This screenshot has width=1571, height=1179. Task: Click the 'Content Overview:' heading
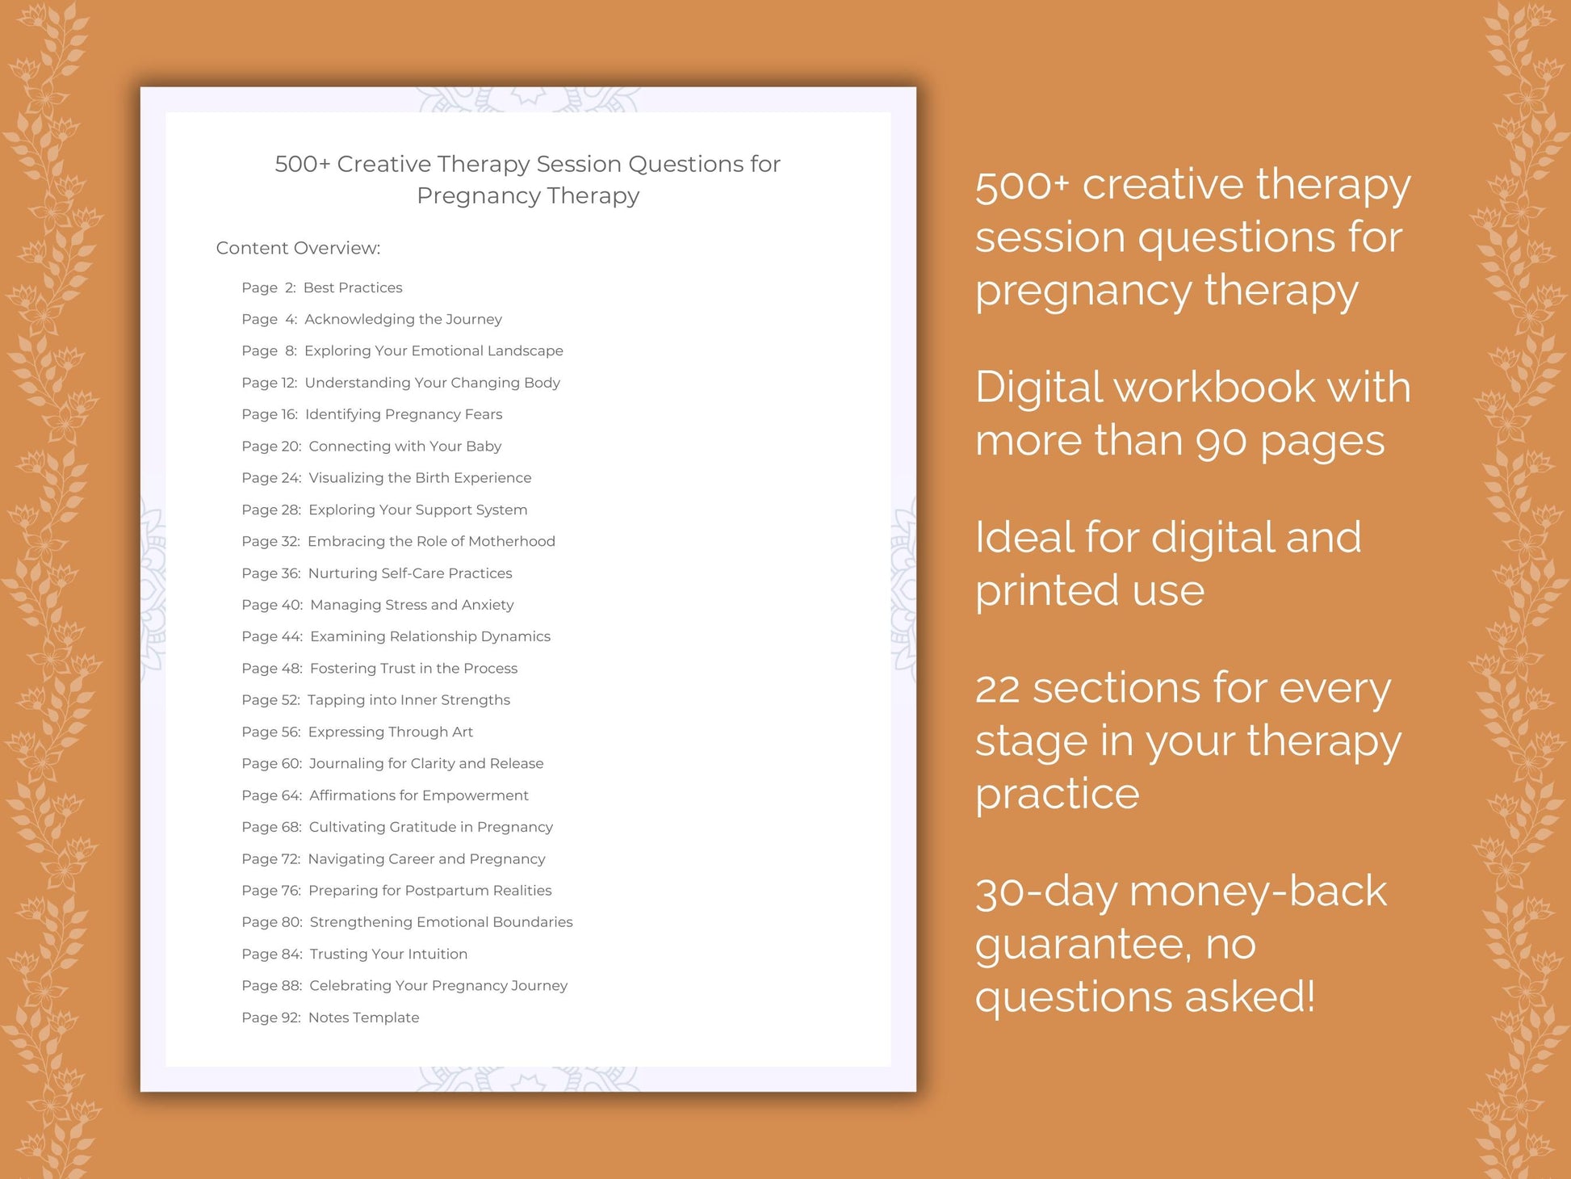tap(298, 248)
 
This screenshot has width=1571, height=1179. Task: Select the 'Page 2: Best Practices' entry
tap(321, 287)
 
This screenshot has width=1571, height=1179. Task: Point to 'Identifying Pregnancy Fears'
tap(403, 414)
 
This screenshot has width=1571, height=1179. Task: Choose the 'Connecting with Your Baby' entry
tap(404, 446)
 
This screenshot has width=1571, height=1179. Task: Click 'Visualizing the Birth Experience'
tap(420, 477)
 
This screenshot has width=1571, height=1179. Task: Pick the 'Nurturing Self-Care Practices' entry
tap(410, 573)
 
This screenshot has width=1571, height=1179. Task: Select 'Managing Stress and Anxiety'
tap(412, 604)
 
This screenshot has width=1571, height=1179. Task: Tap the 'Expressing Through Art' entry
tap(390, 732)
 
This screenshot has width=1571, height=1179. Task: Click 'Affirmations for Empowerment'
tap(418, 795)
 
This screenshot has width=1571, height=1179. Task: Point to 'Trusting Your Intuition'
tap(388, 954)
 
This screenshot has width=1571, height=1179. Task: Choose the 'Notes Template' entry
tap(363, 1017)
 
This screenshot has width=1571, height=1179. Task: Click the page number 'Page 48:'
tap(272, 668)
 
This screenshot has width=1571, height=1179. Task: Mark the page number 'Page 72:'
tap(270, 858)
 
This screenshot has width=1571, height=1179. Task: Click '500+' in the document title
tap(302, 164)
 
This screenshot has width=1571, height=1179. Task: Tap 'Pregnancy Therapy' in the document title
tap(528, 195)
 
